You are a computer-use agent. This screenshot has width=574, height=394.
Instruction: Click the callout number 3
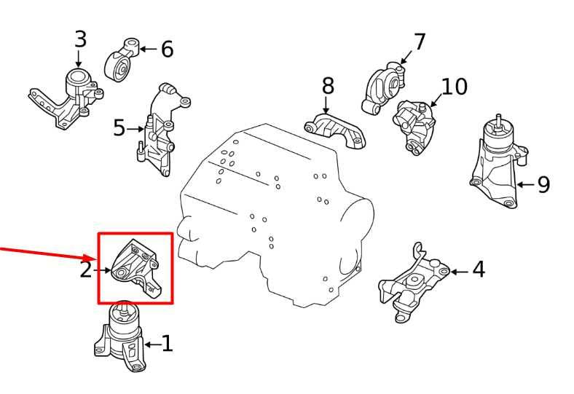point(80,39)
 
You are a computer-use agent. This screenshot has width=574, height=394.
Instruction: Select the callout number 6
point(167,50)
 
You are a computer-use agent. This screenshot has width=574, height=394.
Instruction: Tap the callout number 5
point(119,129)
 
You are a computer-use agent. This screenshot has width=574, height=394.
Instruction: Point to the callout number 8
point(328,86)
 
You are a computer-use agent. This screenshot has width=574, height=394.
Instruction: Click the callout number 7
point(420,42)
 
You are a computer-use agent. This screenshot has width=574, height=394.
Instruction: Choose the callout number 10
point(454,87)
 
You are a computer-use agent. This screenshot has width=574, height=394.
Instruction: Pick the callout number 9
point(543,184)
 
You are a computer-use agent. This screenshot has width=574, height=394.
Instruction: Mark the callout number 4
point(478,270)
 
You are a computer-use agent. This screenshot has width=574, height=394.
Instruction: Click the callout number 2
point(86,270)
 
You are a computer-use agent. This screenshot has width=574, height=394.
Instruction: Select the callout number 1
point(167,343)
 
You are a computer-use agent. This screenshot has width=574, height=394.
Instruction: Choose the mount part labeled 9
point(497,164)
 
